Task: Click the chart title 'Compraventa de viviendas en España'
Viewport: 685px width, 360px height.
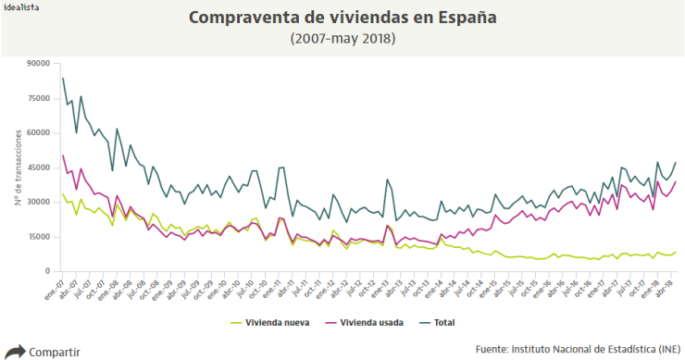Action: (x=342, y=18)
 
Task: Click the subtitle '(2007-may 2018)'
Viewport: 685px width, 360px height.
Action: (x=342, y=39)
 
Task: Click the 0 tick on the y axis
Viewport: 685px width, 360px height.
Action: (x=45, y=271)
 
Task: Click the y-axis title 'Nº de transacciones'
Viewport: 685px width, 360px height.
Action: (x=18, y=168)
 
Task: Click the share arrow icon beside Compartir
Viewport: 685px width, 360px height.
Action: (x=15, y=352)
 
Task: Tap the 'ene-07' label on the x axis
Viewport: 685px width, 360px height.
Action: (x=56, y=289)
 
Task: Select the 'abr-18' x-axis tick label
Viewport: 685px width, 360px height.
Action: (x=665, y=289)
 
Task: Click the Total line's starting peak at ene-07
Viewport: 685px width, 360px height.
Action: (x=62, y=78)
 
